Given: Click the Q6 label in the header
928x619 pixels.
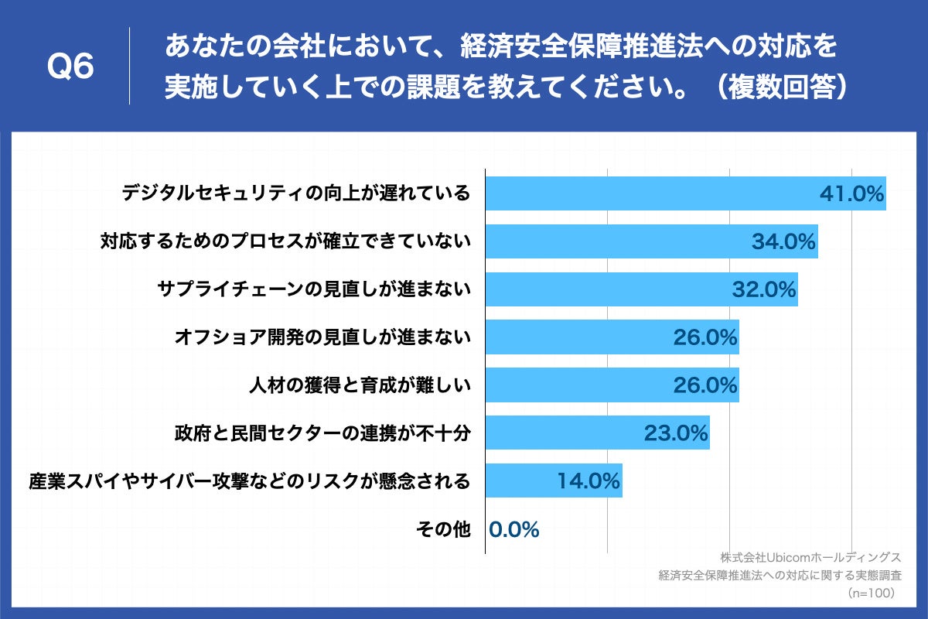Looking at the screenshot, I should (70, 67).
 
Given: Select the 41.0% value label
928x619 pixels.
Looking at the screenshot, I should (851, 194).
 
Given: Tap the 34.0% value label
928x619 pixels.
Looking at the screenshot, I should (784, 242).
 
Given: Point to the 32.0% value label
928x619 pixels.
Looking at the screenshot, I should (764, 290).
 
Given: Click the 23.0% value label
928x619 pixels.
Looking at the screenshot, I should (676, 433).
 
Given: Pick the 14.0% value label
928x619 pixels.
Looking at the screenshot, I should (589, 481).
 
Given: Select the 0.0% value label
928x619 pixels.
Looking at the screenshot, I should (513, 529).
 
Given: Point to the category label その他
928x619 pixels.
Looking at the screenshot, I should (442, 529).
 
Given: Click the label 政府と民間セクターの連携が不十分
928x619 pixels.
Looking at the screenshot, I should (322, 433).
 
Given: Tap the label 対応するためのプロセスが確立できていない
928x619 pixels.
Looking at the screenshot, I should (285, 242).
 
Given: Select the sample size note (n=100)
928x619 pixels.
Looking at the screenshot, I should (871, 593).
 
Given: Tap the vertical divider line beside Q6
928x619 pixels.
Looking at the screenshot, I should (129, 67).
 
